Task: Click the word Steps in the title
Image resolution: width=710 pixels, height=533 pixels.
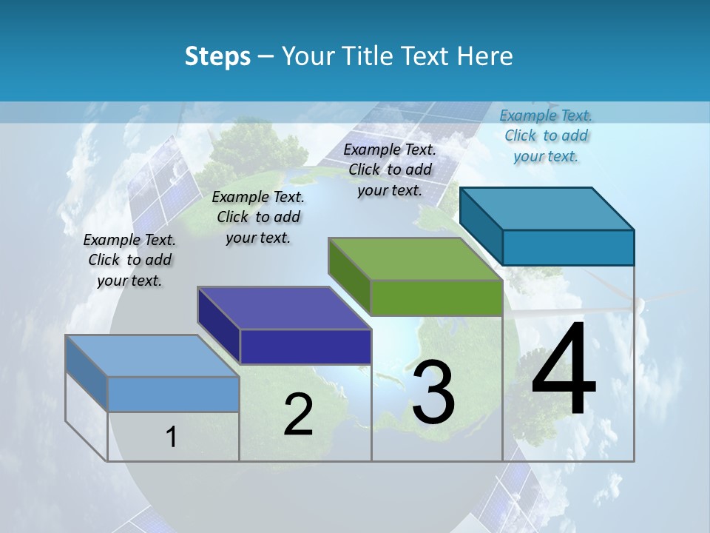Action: (x=217, y=57)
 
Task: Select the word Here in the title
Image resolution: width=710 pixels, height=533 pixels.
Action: (x=486, y=56)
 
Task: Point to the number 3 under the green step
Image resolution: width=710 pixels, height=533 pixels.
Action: (x=433, y=392)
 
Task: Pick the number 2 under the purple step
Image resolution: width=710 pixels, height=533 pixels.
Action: (x=298, y=414)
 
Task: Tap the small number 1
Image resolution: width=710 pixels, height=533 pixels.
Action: (x=172, y=437)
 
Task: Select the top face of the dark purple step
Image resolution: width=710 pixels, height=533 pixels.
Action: (x=284, y=308)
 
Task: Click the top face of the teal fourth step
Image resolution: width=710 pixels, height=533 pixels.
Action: (x=547, y=208)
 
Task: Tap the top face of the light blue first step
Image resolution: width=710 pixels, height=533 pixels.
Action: (x=152, y=356)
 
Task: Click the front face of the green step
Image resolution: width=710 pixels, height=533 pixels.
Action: (x=436, y=298)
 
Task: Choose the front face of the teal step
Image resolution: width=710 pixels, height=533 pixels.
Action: (x=568, y=247)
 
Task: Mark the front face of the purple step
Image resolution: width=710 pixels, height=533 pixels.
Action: (x=305, y=346)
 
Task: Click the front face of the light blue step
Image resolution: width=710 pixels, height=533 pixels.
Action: (x=173, y=394)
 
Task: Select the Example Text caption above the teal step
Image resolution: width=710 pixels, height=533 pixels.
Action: (x=546, y=135)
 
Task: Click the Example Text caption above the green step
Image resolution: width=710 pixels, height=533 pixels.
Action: (x=390, y=170)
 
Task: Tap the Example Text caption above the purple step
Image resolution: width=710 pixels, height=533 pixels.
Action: (x=258, y=217)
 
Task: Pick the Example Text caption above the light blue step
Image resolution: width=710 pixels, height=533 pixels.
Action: (x=129, y=260)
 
